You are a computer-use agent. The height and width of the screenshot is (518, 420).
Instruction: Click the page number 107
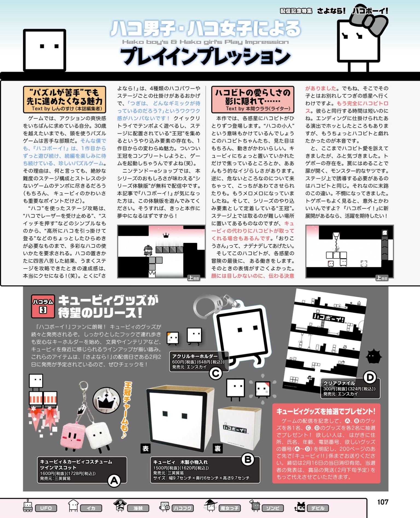coord(383,502)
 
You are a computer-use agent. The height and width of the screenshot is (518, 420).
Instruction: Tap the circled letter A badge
coord(114,481)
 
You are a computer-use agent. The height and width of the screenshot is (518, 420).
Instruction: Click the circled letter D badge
coord(370,378)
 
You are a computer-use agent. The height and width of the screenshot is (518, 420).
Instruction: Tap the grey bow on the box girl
coord(369,19)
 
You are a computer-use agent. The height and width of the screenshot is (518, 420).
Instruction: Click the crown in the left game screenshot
coord(166,235)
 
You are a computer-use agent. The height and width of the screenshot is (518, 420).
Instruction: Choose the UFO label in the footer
coord(46,508)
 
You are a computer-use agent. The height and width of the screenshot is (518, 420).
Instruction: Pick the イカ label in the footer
coord(91,508)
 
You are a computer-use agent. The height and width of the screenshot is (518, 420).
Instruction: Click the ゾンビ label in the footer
coord(273,508)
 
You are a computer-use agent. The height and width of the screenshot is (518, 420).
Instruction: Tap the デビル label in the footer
coord(318,508)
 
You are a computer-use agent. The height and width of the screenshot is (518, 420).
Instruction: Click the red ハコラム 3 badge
coord(43,306)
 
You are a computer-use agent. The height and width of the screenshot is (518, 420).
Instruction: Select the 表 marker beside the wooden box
coord(145,449)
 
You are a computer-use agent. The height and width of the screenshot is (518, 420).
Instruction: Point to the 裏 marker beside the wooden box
coord(218,448)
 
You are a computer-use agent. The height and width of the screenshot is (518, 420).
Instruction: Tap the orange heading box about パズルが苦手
coord(65,99)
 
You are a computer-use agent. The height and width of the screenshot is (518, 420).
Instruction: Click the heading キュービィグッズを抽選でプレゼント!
coord(326,411)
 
